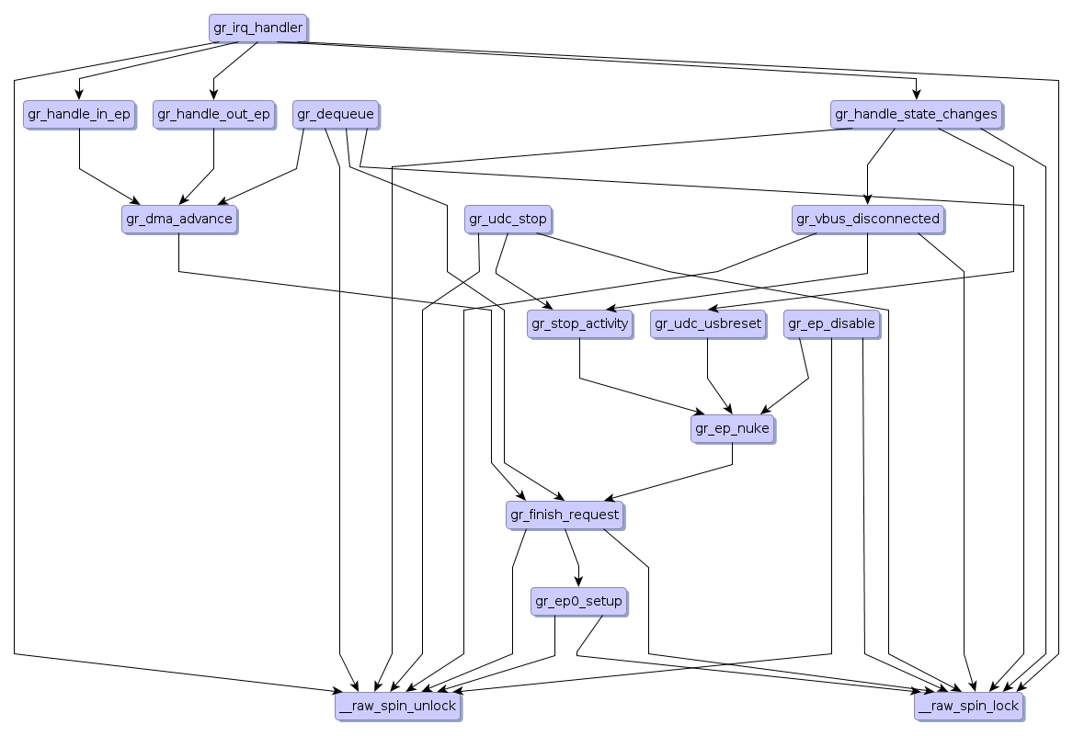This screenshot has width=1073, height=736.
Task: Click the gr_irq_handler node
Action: click(257, 28)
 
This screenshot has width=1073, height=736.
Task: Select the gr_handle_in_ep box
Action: click(79, 114)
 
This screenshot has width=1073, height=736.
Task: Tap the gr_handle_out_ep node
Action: click(213, 114)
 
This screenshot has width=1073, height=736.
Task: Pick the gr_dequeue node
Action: click(335, 114)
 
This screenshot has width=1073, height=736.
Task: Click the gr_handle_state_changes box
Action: click(916, 114)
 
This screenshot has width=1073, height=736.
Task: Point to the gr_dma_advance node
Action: click(178, 219)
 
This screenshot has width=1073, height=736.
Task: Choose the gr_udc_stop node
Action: click(508, 219)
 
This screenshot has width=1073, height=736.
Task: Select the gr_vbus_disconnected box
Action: click(867, 219)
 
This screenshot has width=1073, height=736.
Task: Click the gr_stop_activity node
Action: click(579, 323)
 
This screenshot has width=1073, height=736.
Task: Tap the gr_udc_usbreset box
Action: click(708, 323)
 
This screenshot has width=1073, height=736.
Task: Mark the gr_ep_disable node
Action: click(831, 323)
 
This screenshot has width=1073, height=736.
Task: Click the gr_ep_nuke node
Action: click(732, 428)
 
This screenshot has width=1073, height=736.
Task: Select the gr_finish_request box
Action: click(565, 515)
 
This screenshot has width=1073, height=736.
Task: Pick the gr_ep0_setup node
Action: click(578, 602)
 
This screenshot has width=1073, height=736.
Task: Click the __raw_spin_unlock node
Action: click(397, 706)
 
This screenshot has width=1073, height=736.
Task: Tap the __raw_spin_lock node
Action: click(968, 706)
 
